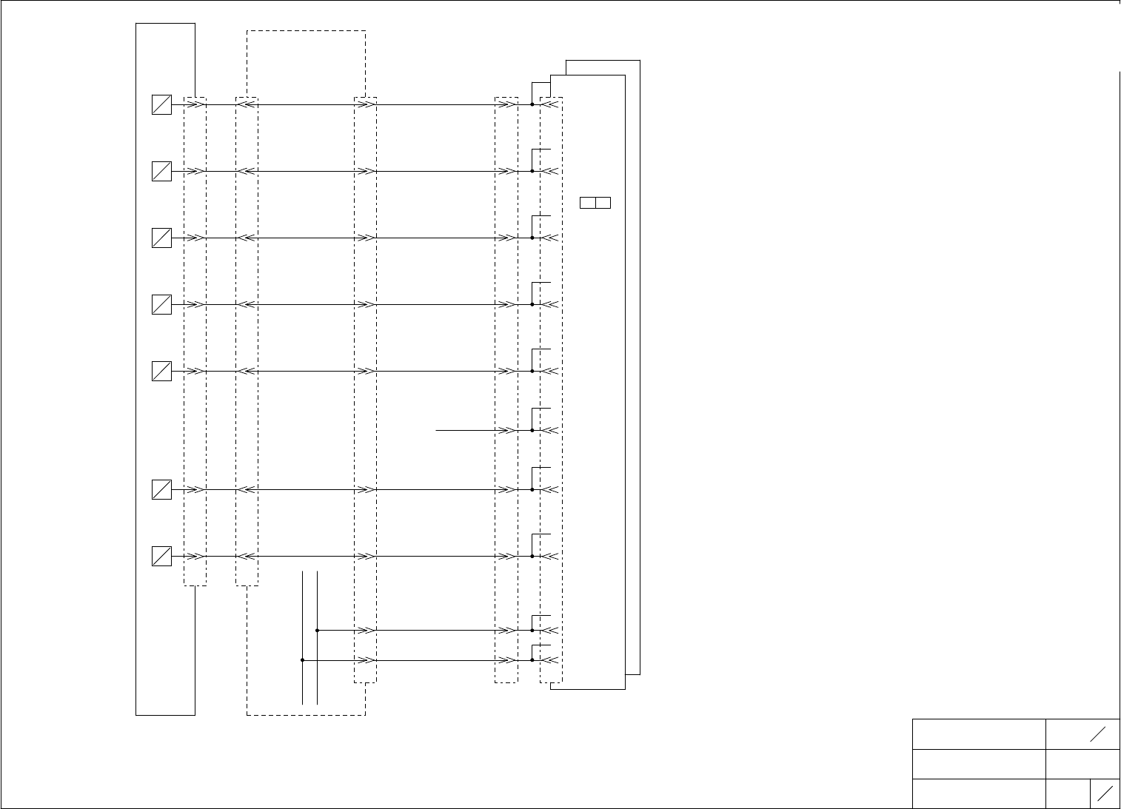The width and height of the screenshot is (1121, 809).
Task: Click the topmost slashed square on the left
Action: pyautogui.click(x=161, y=105)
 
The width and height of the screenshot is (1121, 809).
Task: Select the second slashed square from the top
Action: pyautogui.click(x=161, y=172)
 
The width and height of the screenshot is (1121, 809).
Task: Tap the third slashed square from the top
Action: pyautogui.click(x=161, y=238)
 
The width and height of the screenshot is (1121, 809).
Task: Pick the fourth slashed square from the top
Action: pyautogui.click(x=161, y=304)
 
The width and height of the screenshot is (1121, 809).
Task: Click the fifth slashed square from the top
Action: pyautogui.click(x=161, y=371)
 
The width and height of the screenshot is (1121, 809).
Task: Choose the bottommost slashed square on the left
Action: pyautogui.click(x=161, y=556)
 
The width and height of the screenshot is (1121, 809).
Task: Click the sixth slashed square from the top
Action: pyautogui.click(x=161, y=489)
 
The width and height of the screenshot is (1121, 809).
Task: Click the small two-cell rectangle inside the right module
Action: pyautogui.click(x=595, y=203)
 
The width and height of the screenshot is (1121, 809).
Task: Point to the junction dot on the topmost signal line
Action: pyautogui.click(x=532, y=105)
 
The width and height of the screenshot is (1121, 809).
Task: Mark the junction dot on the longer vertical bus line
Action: pyautogui.click(x=303, y=659)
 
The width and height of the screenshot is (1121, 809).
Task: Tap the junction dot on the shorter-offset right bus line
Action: pyautogui.click(x=317, y=631)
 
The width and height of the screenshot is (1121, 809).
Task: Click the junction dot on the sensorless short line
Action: pyautogui.click(x=532, y=430)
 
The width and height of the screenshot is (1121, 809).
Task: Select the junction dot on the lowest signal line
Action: pyautogui.click(x=532, y=659)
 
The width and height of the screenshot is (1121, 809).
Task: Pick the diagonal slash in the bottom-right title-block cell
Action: pyautogui.click(x=1105, y=793)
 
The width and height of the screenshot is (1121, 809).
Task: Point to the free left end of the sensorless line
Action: pyautogui.click(x=436, y=430)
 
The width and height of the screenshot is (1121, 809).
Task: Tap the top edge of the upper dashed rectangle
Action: pyautogui.click(x=306, y=31)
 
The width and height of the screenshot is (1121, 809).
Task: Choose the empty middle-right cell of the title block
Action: pyautogui.click(x=1082, y=764)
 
